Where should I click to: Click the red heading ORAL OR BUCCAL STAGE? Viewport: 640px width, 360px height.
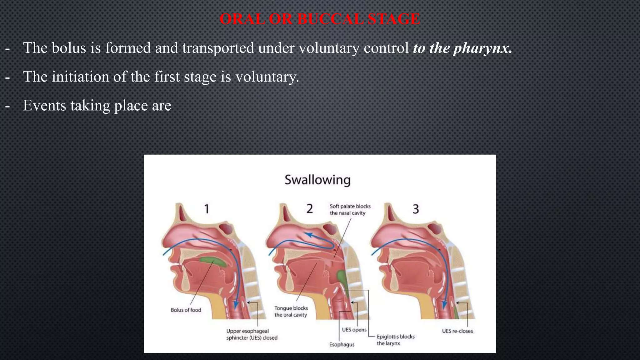point(320,19)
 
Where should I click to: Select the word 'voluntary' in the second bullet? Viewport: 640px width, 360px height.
point(267,77)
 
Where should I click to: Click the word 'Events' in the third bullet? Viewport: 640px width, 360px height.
point(44,106)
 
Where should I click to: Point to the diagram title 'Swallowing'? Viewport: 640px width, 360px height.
point(317,180)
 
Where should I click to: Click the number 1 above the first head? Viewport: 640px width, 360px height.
point(207,209)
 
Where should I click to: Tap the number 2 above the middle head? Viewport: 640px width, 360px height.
point(309,209)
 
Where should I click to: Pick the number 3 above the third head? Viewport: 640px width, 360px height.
point(415,209)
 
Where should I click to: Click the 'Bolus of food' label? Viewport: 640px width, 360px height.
point(186,310)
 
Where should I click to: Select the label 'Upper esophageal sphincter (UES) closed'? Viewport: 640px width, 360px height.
point(252,334)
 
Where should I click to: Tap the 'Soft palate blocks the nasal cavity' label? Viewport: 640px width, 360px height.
point(350,210)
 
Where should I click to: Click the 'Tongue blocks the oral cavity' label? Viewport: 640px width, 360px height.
point(291,312)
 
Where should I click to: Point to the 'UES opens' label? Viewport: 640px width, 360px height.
point(354,330)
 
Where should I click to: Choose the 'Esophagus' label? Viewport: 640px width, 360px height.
point(342,345)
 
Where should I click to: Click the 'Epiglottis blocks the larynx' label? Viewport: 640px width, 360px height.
point(395,340)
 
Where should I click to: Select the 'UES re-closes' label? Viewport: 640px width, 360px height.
point(457,331)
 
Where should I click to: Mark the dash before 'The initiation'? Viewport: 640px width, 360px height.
point(7,77)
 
